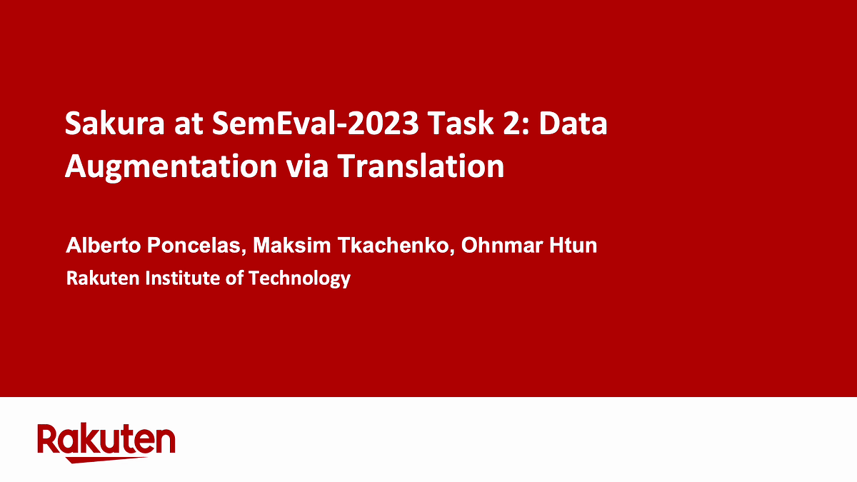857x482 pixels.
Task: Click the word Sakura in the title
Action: point(115,123)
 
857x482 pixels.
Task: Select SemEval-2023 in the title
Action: point(316,123)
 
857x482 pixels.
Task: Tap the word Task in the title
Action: point(461,123)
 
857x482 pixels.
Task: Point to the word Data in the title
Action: point(573,123)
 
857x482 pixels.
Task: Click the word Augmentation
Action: point(171,167)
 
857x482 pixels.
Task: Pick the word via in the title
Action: point(307,166)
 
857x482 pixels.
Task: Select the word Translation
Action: point(421,166)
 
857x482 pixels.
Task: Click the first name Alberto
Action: point(104,245)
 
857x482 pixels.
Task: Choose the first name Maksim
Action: point(291,245)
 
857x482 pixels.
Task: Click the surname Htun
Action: point(573,245)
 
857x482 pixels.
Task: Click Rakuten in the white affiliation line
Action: point(103,278)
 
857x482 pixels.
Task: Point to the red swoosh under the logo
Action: point(107,459)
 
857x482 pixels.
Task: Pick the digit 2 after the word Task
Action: point(511,123)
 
